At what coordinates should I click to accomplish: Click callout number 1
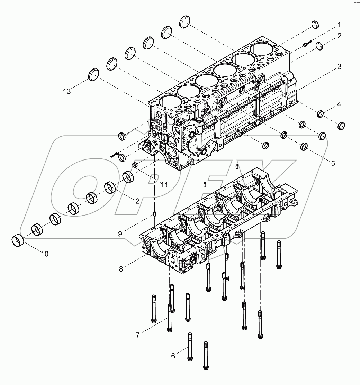click(x=339, y=25)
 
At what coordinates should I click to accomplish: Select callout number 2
click(x=340, y=36)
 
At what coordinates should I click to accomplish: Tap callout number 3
click(x=340, y=67)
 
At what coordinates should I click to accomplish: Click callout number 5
click(x=333, y=163)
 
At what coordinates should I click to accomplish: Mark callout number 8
click(x=121, y=269)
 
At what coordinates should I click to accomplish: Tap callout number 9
click(x=120, y=234)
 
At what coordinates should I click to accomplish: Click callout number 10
click(x=44, y=254)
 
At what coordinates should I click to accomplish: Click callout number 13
click(x=67, y=91)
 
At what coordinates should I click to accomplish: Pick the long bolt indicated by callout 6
click(x=190, y=346)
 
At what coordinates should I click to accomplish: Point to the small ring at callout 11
click(x=136, y=165)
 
